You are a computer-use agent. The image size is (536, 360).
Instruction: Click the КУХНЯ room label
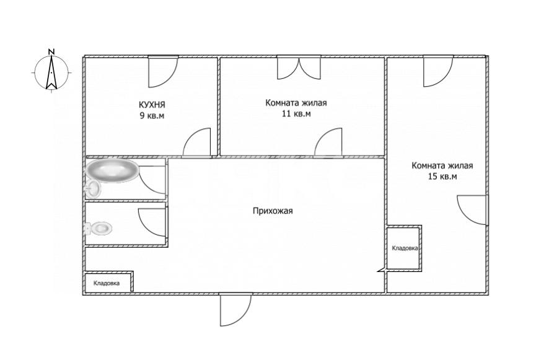coord(152,104)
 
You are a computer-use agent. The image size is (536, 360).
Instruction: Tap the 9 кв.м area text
coord(152,115)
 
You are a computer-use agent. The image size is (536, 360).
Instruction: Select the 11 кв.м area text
coord(296,113)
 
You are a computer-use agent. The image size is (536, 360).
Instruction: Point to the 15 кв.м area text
coord(442,177)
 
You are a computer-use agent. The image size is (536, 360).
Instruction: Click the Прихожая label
coord(273,211)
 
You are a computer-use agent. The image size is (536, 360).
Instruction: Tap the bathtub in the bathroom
coord(112,170)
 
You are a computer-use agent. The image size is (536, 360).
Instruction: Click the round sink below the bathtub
coord(92,188)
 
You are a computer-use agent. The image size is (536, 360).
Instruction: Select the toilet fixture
coord(99,228)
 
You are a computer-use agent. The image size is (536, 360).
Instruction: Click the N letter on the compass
coord(51,52)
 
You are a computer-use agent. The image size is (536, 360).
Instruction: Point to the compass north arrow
coord(51,72)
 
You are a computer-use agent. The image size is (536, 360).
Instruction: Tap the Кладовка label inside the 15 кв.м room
coord(405,248)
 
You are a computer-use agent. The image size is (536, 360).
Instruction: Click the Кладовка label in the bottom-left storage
coord(107,283)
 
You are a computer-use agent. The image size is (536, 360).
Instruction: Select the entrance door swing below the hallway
coord(236,310)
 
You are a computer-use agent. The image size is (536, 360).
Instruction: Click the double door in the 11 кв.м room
coord(299,68)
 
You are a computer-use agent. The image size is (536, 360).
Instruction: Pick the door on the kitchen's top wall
coord(163,72)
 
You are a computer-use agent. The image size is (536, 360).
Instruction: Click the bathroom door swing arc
coord(152,180)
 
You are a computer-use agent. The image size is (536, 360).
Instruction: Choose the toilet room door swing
coord(152,222)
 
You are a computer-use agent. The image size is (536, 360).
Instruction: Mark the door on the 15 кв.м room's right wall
coord(472,210)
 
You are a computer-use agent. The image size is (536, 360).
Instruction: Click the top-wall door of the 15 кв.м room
coord(438,72)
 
